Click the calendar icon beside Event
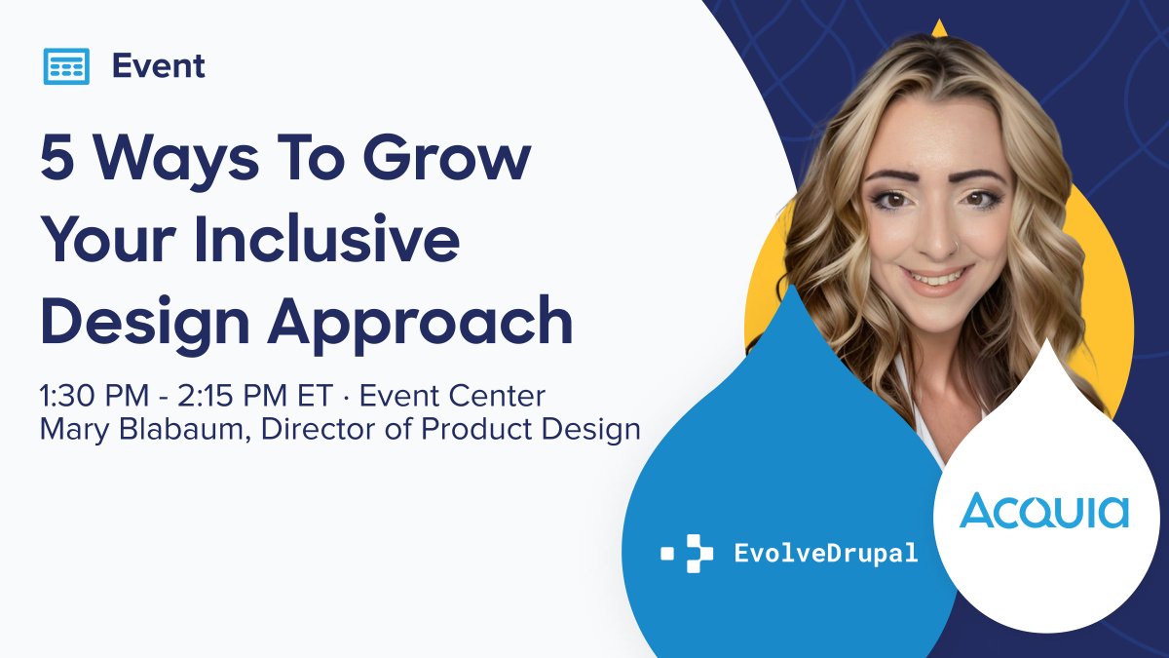[66, 66]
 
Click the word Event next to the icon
[158, 66]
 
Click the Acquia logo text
[1043, 511]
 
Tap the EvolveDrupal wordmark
[825, 554]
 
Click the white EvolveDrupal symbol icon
[688, 554]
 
